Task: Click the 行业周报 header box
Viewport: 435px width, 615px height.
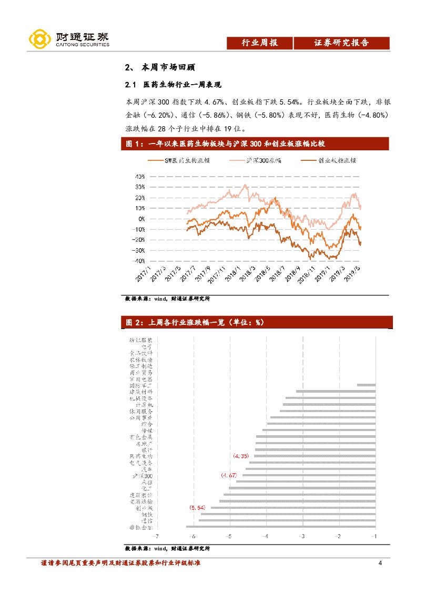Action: click(259, 43)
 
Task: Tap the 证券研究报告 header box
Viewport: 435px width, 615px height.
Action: click(341, 43)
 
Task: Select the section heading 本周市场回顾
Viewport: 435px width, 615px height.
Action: click(168, 68)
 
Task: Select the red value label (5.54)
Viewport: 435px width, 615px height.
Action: click(197, 508)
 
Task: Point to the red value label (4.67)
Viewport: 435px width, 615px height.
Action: click(229, 475)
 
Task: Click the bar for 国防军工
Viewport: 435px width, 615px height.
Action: click(366, 385)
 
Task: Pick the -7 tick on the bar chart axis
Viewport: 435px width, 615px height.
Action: click(156, 537)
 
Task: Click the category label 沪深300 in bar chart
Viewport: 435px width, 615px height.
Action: click(142, 476)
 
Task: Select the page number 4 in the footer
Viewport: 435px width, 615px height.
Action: click(380, 564)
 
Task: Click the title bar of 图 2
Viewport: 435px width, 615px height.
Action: click(257, 322)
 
